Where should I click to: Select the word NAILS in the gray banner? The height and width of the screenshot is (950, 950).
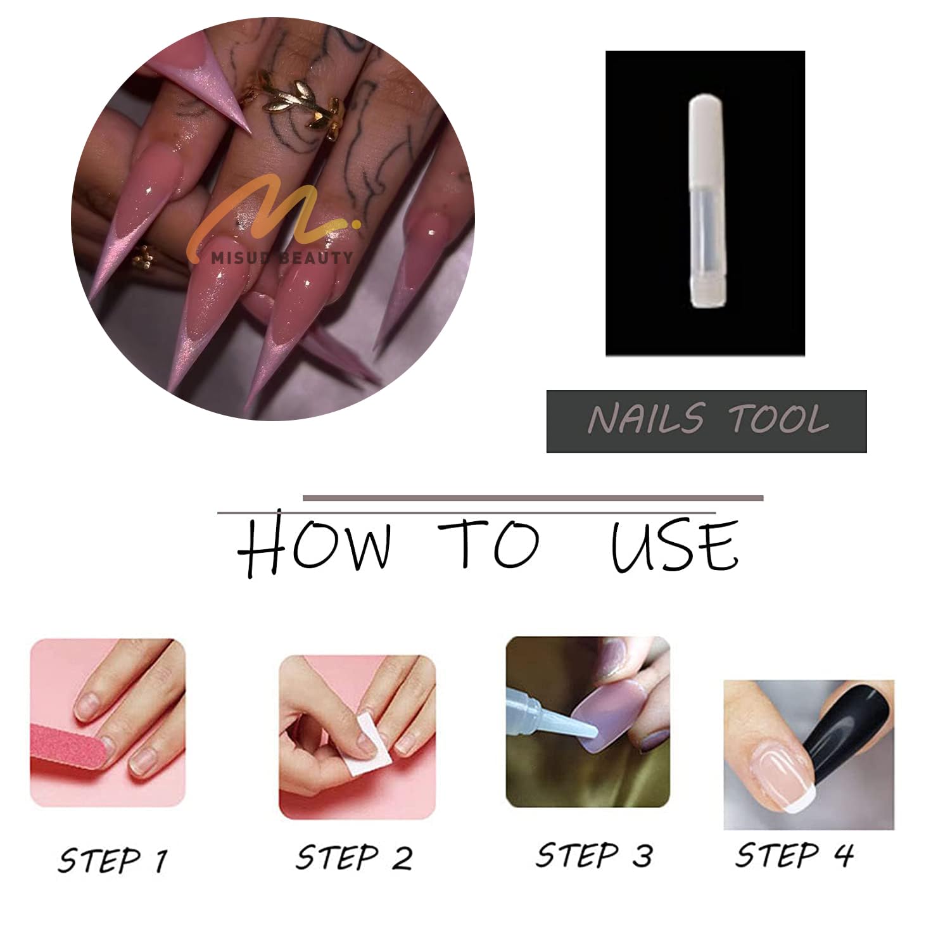tap(645, 419)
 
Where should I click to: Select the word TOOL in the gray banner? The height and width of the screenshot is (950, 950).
tap(778, 419)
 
